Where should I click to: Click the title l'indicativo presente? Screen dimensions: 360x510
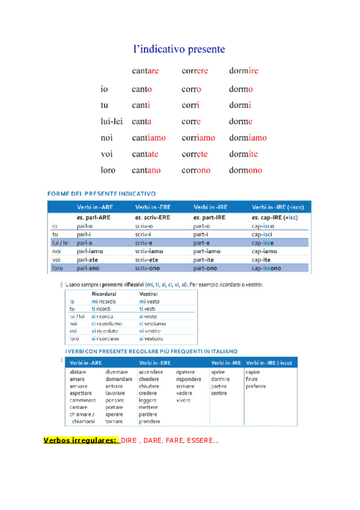click(x=179, y=48)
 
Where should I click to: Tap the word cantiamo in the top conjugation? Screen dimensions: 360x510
click(x=148, y=138)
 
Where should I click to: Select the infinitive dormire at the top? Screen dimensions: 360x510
click(x=243, y=71)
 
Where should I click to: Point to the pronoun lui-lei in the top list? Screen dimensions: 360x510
click(x=111, y=121)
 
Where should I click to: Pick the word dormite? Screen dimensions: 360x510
click(x=243, y=154)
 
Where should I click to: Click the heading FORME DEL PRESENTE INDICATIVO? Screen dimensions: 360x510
click(x=102, y=194)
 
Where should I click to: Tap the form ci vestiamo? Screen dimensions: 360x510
click(x=152, y=324)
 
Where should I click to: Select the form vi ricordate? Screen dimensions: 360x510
click(x=105, y=331)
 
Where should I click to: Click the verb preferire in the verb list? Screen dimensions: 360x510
click(x=255, y=386)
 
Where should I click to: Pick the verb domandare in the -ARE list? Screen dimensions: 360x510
click(x=119, y=379)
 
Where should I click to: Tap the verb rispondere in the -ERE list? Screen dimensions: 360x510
click(x=189, y=379)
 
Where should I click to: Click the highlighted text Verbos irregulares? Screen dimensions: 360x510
click(x=80, y=441)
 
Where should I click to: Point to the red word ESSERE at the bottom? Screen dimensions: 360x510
click(x=200, y=441)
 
